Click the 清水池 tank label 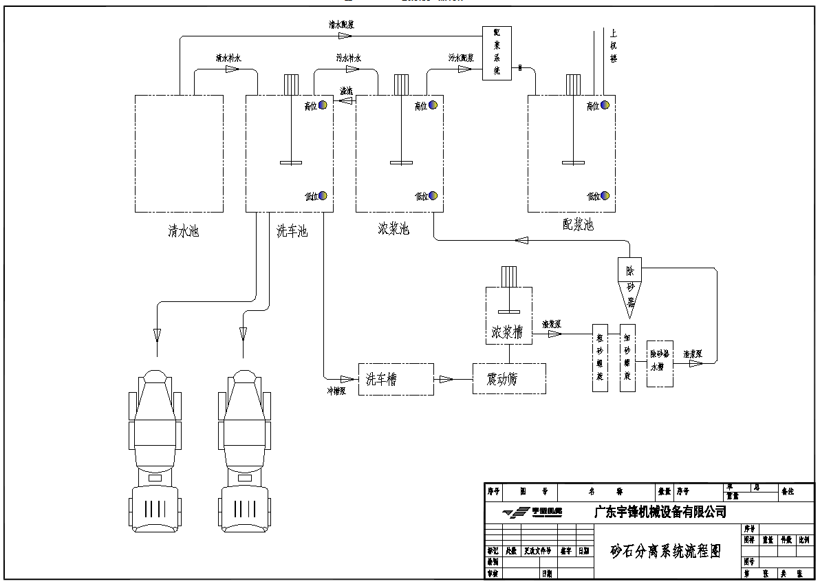(183, 231)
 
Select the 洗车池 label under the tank (292, 231)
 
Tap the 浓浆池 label (393, 228)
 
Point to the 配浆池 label (577, 225)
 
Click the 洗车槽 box (396, 379)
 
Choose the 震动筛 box (509, 379)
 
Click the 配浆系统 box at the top (497, 52)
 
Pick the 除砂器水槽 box (660, 363)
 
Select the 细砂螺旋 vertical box (628, 358)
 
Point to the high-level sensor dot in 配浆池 (605, 105)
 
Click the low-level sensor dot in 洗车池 (322, 196)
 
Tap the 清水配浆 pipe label (341, 24)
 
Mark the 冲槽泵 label (336, 390)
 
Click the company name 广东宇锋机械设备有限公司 (660, 512)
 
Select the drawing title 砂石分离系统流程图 (666, 551)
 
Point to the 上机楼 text (614, 45)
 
